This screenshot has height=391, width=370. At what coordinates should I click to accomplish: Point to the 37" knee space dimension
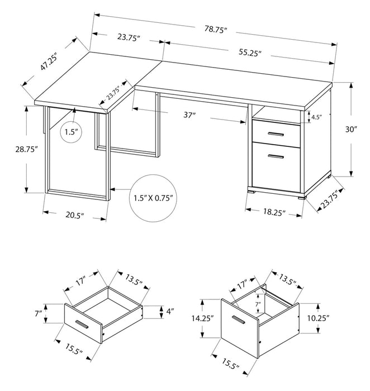(189, 115)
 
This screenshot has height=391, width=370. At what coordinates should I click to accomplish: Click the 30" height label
(351, 130)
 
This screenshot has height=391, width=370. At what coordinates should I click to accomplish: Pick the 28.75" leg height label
(26, 149)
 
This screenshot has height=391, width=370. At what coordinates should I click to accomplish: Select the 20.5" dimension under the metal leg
(75, 215)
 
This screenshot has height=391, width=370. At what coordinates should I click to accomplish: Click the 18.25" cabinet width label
(273, 213)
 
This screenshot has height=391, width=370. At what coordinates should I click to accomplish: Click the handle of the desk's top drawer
(275, 134)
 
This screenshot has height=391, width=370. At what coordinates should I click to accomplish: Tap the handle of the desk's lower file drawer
(275, 156)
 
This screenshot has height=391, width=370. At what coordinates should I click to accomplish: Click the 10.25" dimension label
(319, 317)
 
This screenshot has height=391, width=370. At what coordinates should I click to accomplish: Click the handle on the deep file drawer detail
(239, 320)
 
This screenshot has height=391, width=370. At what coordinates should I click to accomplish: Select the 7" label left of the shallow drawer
(37, 313)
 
